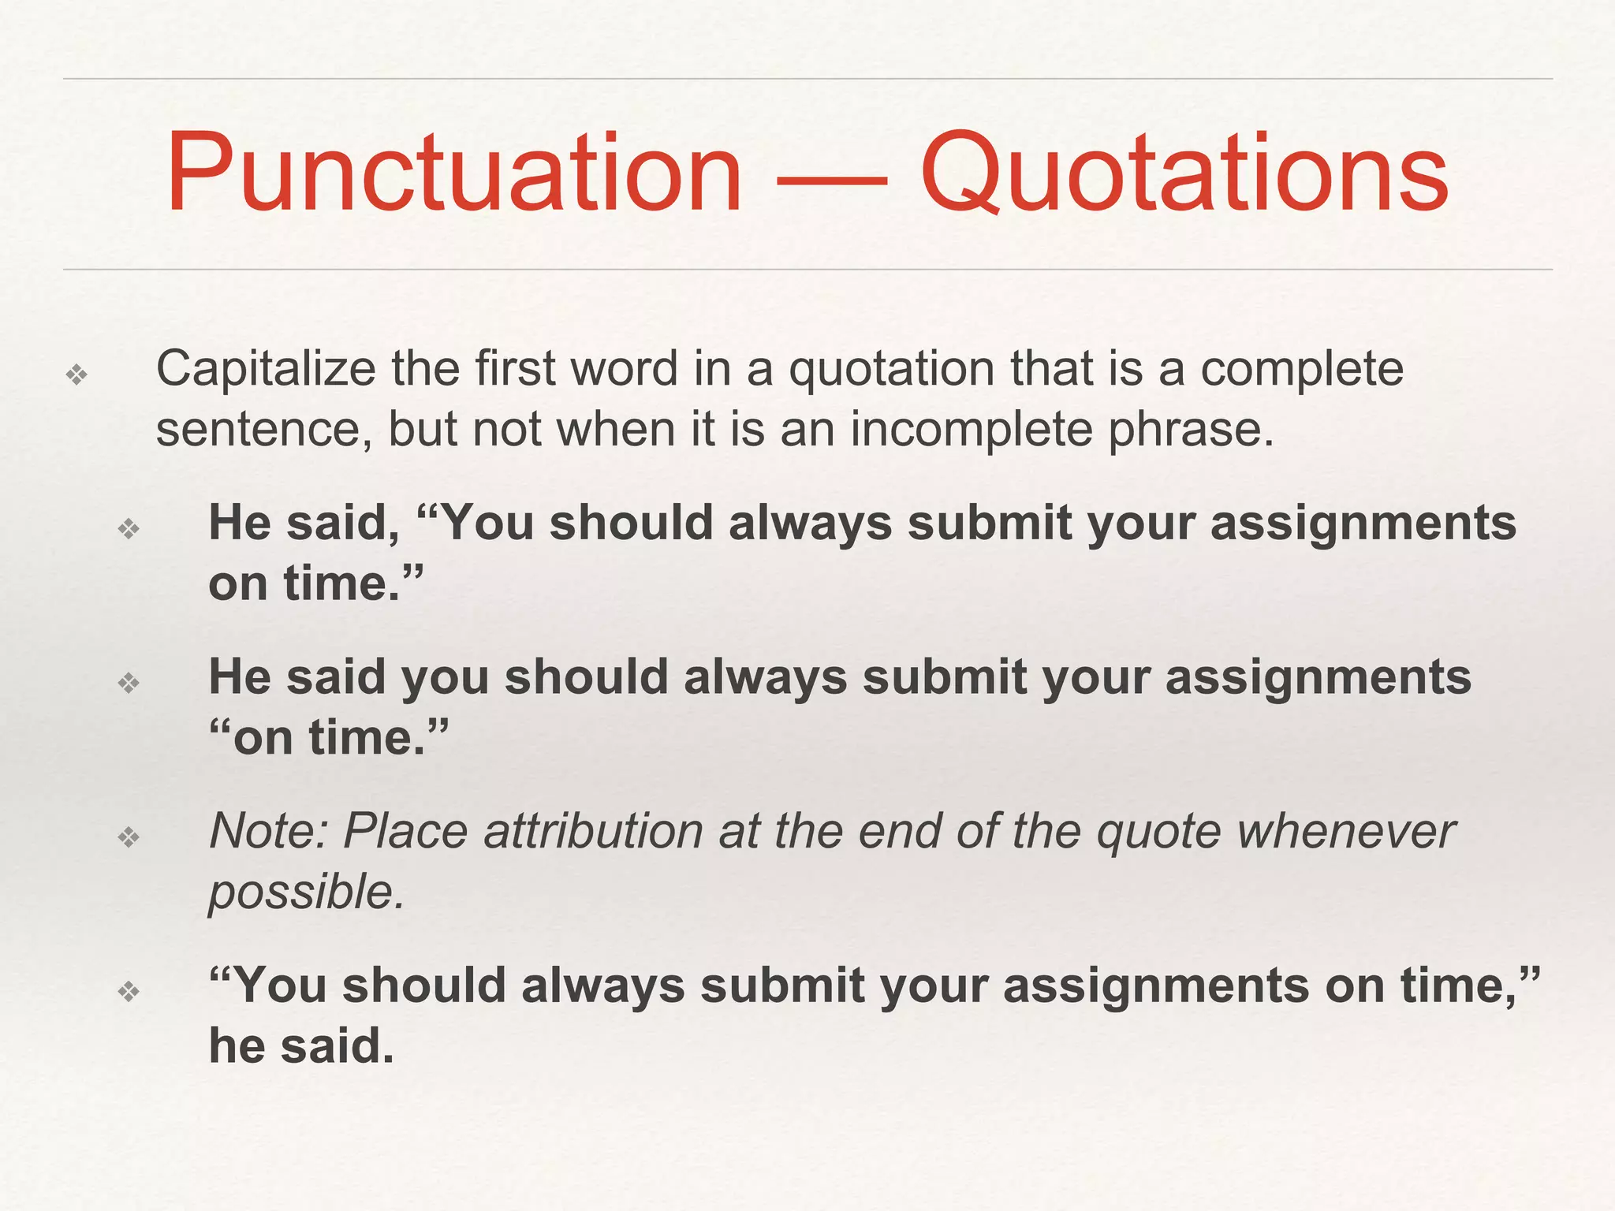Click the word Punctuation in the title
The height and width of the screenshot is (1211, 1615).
453,173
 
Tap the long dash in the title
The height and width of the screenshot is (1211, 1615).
832,180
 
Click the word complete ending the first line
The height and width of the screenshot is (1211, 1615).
1302,369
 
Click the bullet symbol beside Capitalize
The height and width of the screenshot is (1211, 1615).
76,374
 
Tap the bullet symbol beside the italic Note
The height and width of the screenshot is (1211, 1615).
129,836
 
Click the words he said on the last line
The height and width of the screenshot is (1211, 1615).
300,1046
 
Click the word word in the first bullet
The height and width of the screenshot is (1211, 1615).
624,369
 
